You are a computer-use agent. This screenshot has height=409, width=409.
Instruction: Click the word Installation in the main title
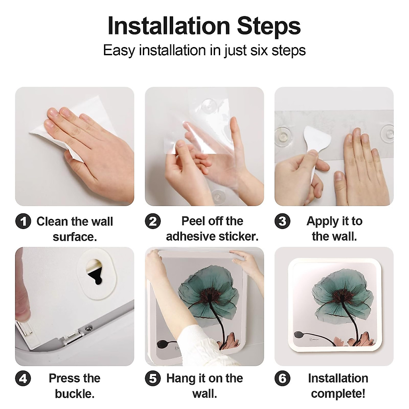[169, 26]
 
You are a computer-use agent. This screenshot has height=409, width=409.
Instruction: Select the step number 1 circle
[23, 221]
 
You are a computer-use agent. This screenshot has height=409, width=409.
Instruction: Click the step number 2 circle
[153, 221]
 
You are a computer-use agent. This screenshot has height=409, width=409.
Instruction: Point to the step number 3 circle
[282, 221]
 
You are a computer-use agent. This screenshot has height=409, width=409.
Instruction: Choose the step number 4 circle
[23, 378]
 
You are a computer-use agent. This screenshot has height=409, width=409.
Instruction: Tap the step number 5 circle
[153, 378]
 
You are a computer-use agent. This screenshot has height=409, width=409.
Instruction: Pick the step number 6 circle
[282, 378]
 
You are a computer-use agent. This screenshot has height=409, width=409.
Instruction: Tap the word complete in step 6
[337, 394]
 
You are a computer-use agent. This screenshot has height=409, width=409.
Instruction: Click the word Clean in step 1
[52, 222]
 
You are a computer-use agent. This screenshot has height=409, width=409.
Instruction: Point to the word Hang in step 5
[179, 378]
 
